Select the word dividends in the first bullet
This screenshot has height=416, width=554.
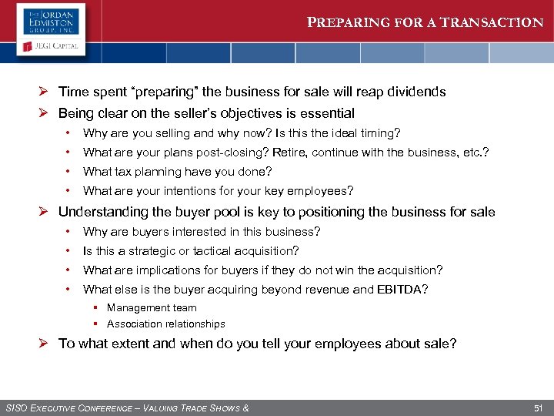pos(416,92)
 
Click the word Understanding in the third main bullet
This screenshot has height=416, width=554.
pos(102,212)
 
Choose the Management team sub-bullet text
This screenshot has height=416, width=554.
pos(152,307)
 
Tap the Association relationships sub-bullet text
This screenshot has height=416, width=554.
pos(165,324)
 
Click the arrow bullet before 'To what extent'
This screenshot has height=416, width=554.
pos(47,344)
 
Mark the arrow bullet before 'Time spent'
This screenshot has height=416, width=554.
pos(47,92)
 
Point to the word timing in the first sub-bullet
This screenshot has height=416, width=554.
pos(380,133)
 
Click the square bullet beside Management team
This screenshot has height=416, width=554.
pos(98,307)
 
